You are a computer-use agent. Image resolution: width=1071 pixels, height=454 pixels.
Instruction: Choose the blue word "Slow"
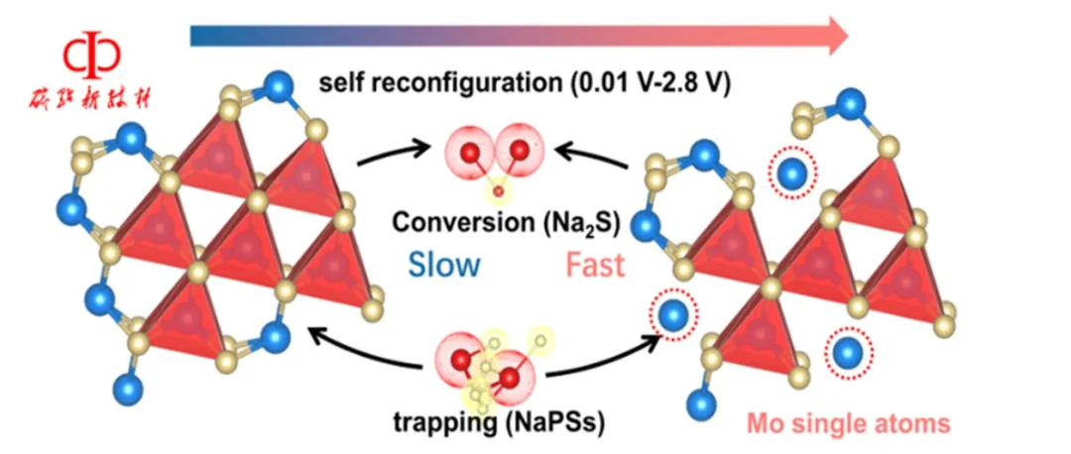coord(442,265)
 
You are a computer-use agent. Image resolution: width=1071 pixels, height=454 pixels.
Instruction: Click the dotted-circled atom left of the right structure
coord(673,316)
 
